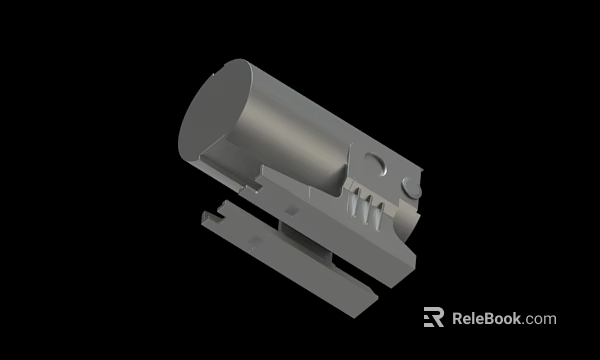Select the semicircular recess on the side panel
pos(372,162)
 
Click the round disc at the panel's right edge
pos(411,186)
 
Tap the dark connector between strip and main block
pos(300,240)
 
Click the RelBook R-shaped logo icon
pos(433,317)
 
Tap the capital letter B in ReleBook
pos(489,319)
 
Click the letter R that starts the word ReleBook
pos(458,319)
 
